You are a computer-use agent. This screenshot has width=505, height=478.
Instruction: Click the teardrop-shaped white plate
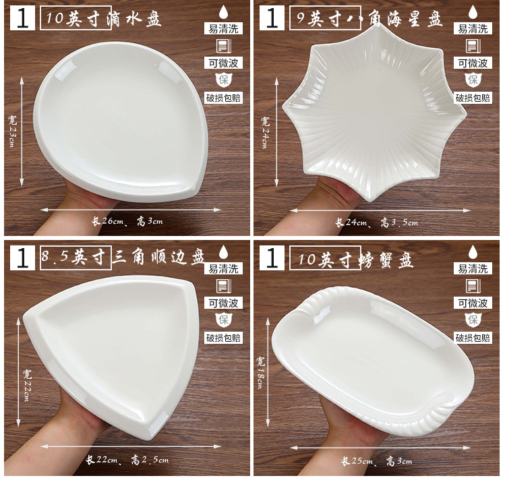pyautogui.click(x=121, y=123)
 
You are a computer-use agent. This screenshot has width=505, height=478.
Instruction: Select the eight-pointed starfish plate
pyautogui.click(x=374, y=112)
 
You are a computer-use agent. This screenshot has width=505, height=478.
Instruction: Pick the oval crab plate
pyautogui.click(x=373, y=361)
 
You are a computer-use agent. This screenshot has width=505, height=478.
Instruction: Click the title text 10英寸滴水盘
pyautogui.click(x=103, y=18)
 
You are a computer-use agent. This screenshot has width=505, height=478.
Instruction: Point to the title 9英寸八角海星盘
pyautogui.click(x=369, y=18)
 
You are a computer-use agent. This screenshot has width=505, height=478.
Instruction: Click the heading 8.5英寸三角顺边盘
pyautogui.click(x=123, y=258)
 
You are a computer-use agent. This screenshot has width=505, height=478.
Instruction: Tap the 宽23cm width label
pyautogui.click(x=12, y=131)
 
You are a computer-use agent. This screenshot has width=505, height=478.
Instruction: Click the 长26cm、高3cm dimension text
pyautogui.click(x=127, y=221)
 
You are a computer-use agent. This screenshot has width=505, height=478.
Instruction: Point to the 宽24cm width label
pyautogui.click(x=265, y=132)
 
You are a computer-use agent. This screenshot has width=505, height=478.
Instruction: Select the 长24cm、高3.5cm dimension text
pyautogui.click(x=376, y=222)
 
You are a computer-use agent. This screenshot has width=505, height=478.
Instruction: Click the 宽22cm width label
pyautogui.click(x=27, y=385)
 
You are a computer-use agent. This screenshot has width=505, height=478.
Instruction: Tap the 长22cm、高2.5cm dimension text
pyautogui.click(x=127, y=460)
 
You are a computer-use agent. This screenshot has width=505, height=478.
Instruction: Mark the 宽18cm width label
pyautogui.click(x=260, y=372)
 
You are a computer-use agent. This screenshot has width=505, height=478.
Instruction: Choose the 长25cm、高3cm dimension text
pyautogui.click(x=377, y=461)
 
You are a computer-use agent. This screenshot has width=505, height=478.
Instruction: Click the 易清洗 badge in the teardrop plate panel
pyautogui.click(x=223, y=29)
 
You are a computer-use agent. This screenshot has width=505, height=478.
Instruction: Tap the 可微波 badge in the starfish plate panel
pyautogui.click(x=473, y=63)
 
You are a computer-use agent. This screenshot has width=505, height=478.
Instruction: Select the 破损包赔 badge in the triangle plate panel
pyautogui.click(x=223, y=338)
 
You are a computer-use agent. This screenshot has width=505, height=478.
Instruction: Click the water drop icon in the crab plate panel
pyautogui.click(x=473, y=252)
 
